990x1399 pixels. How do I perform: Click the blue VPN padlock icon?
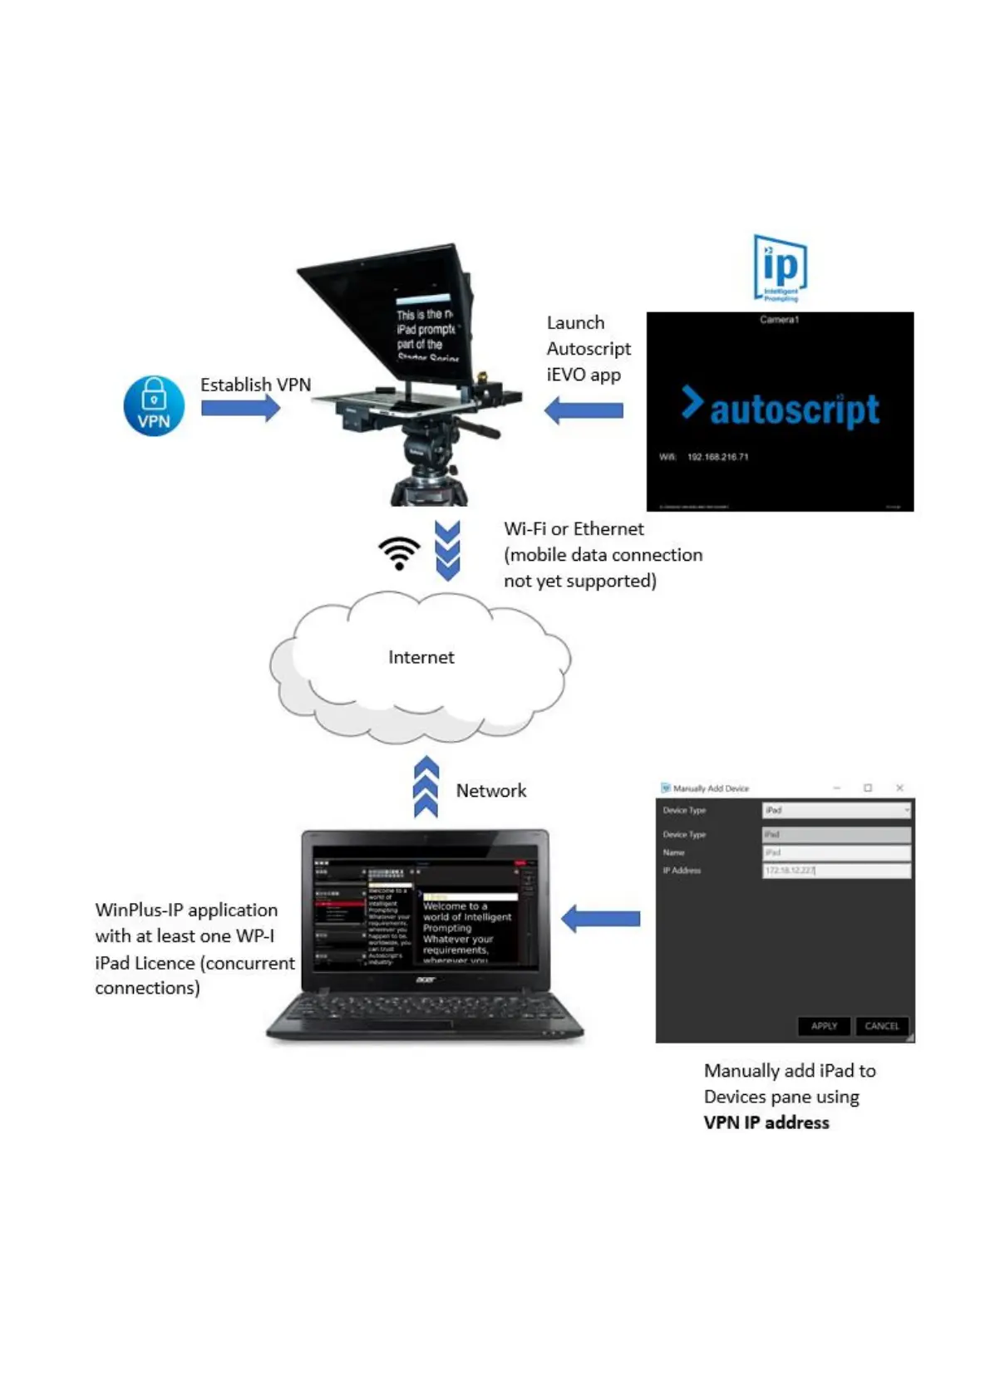coord(154,405)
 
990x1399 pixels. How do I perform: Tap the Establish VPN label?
coord(255,385)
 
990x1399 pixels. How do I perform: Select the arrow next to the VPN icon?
coord(240,408)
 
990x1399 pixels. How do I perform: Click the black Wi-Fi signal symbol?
coord(399,552)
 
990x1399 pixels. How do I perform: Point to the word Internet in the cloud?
coord(421,657)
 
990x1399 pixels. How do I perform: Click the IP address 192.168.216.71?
coord(717,457)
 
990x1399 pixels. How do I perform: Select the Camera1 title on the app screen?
coord(779,320)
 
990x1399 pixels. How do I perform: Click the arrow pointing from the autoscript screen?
coord(584,410)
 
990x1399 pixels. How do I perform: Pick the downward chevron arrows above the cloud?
coord(448,551)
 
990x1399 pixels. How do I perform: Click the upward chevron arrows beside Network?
coord(426,787)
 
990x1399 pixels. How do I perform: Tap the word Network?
coord(490,791)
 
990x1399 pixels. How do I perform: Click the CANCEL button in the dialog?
coord(881,1026)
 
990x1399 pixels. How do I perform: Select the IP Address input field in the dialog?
coord(836,871)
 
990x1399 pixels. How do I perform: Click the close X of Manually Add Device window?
coord(899,788)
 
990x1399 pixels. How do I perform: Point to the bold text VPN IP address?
coord(766,1122)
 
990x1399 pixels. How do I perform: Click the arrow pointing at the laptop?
coord(601,919)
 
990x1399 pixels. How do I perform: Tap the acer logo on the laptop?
coord(426,980)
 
